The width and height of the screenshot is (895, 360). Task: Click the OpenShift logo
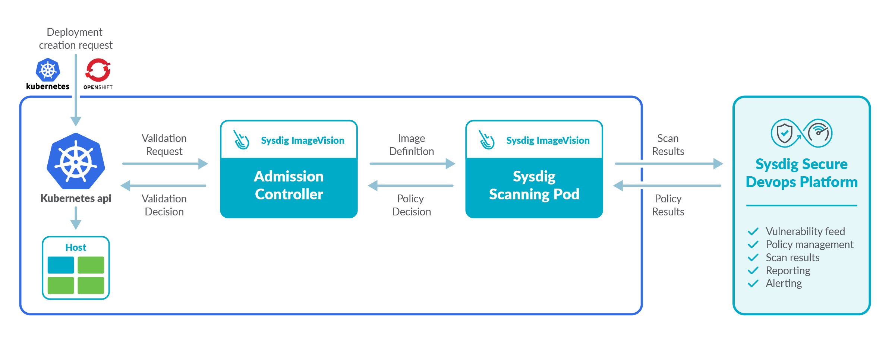[x=98, y=70]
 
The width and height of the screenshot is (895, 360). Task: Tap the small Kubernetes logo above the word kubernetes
[x=48, y=70]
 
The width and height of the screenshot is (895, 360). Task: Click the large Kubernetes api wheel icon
[x=76, y=161]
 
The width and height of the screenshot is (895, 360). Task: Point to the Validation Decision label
[x=164, y=205]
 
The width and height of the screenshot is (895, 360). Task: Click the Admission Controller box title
[x=289, y=185]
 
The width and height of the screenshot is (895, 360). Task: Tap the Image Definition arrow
[x=412, y=164]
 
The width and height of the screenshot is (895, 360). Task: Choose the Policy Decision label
[x=411, y=205]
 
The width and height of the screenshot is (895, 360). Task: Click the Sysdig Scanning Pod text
[x=534, y=185]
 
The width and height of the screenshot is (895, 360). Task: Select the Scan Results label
[x=668, y=145]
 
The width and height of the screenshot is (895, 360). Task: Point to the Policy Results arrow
[x=667, y=185]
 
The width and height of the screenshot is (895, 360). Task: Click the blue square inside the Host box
[x=61, y=265]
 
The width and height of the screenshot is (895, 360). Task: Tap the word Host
[x=76, y=247]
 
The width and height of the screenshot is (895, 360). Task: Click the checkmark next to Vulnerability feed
[x=753, y=231]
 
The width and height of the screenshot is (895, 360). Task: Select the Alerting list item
[x=784, y=283]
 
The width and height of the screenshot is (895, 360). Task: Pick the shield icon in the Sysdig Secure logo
[x=784, y=133]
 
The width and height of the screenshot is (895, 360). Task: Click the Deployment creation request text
[x=76, y=38]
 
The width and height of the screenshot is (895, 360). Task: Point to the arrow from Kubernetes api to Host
[x=76, y=218]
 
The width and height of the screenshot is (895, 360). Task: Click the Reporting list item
[x=788, y=271]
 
